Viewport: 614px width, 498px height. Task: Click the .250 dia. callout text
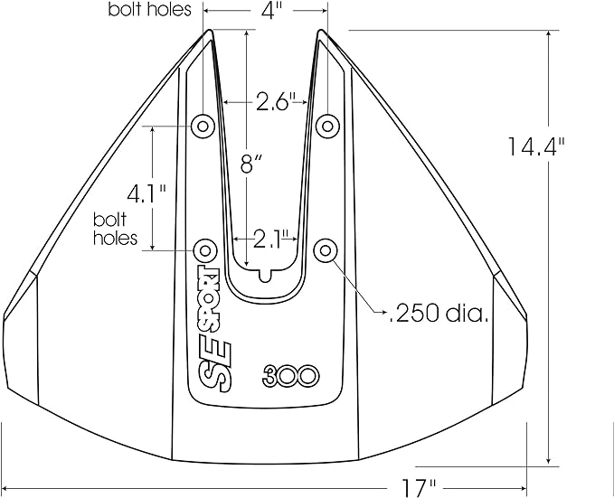click(x=439, y=314)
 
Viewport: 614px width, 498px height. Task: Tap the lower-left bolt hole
click(x=205, y=249)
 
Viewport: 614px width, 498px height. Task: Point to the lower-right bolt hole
click(x=324, y=249)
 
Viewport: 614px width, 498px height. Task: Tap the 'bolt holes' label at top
click(x=150, y=11)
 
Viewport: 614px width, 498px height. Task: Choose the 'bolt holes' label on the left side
click(x=116, y=230)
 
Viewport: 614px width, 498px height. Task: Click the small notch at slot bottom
click(x=265, y=275)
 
